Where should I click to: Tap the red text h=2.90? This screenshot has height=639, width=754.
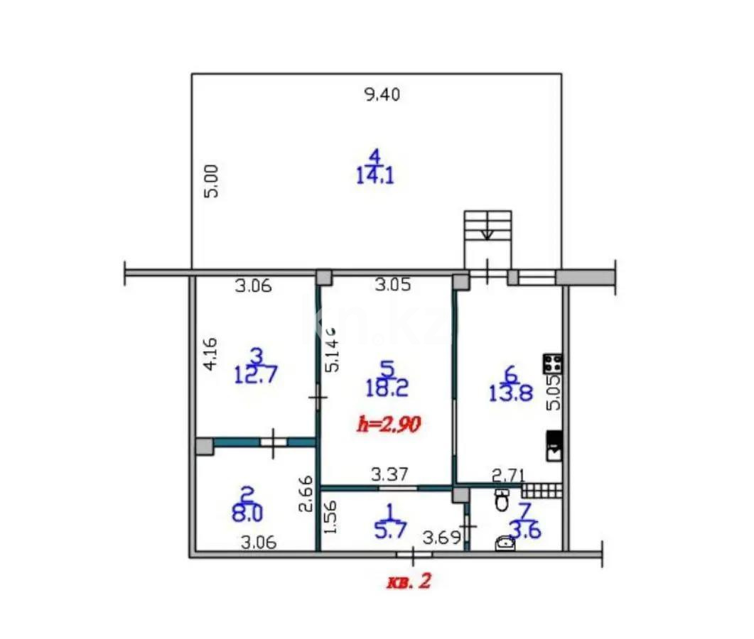click(389, 425)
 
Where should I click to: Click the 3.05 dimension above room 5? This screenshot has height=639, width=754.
click(392, 285)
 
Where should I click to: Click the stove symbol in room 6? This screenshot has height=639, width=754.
click(553, 364)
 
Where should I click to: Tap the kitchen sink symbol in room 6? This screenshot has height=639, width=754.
click(554, 446)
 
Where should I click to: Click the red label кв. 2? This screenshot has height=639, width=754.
click(408, 582)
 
